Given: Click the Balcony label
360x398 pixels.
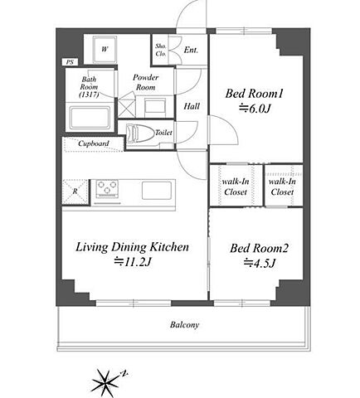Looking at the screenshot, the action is coord(184,324).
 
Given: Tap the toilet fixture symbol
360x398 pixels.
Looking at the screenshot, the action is coord(140,133).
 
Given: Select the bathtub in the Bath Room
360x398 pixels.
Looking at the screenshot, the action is coord(90,118).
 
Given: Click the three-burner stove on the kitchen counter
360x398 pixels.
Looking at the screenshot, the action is coord(107,189).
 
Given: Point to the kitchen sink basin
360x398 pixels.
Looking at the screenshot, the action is coord(157,191).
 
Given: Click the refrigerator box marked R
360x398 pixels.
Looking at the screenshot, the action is coord(75,192).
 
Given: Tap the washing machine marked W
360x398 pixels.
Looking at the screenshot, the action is coord(105,50).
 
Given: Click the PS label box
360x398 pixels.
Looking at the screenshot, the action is coord(70,62).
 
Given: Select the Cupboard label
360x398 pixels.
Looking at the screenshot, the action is coord(94,143).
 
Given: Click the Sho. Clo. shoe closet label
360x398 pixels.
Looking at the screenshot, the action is coord(161,50).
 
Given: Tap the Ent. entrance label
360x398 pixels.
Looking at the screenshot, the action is coord(191,50).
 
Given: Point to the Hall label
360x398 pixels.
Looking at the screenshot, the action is coord(192,106).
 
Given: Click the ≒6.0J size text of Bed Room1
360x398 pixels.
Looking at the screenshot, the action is coord(255,109).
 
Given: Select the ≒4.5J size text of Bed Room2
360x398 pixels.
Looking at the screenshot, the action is coord(260,263).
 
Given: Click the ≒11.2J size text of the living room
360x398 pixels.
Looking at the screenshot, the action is coord(133,261).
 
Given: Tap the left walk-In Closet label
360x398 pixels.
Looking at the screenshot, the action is coord(236,187).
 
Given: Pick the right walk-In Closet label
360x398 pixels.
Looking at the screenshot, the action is coord(282,187).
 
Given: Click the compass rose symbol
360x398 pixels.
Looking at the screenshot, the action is coord(105,383).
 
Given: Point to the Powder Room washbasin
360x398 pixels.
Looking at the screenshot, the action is coord(155,107).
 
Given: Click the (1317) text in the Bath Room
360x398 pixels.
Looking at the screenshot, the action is coord(89,95).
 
